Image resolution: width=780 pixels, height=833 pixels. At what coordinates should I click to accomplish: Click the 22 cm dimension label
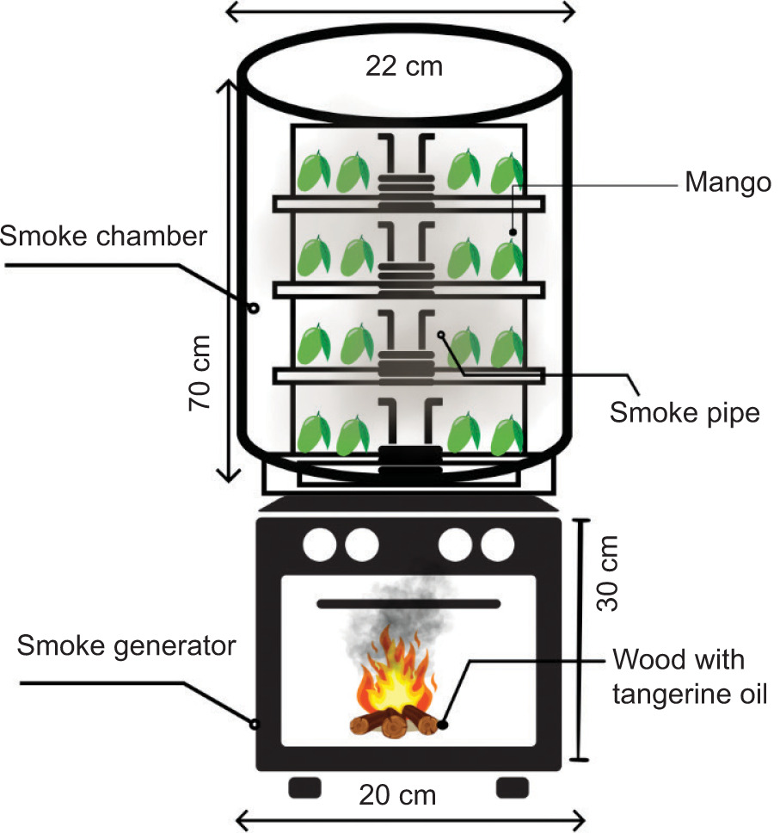[x=403, y=65]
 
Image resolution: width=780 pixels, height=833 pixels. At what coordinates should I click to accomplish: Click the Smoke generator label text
[x=126, y=645]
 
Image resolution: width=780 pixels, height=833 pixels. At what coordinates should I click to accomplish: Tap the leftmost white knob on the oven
[x=320, y=543]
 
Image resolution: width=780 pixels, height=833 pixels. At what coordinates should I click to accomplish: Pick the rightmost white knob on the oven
[x=497, y=543]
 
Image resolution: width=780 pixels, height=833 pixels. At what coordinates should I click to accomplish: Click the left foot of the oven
[x=304, y=786]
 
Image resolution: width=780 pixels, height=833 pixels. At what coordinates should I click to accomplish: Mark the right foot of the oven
[x=513, y=786]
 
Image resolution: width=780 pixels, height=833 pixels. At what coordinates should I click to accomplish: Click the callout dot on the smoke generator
[x=255, y=725]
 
